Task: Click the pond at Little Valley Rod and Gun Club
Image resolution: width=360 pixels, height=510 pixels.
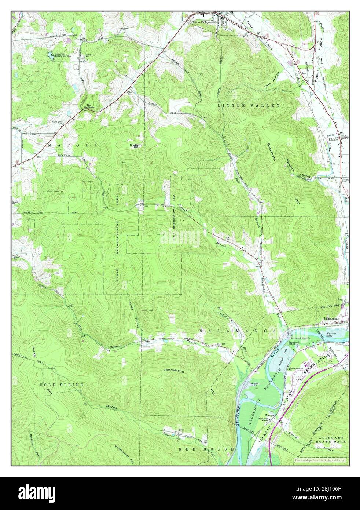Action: pos(49,55)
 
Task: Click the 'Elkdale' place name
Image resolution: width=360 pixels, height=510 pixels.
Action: pos(333,139)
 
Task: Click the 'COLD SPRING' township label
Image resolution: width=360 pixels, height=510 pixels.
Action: pos(62,385)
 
